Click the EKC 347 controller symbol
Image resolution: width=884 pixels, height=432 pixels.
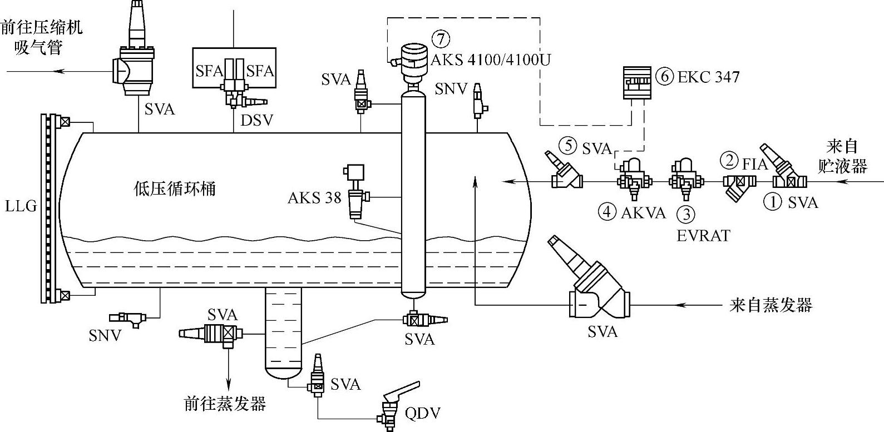coord(636,83)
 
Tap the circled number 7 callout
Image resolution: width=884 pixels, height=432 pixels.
coord(441,39)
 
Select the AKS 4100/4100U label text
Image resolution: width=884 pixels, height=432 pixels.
coord(490,59)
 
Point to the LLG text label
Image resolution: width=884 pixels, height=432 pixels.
coord(21,206)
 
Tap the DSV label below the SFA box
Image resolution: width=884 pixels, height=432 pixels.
coord(257,120)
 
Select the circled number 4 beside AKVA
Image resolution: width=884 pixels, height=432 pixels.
coord(607,212)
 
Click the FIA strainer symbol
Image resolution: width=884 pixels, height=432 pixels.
coord(739,187)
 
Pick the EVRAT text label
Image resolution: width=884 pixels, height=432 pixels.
coord(703,236)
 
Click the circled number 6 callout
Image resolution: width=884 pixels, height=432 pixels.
coord(665,77)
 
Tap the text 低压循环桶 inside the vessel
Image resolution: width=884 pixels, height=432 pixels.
coord(175,189)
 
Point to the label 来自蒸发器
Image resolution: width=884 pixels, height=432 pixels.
coord(771,305)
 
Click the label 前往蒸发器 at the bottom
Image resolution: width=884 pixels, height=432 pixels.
coord(225,403)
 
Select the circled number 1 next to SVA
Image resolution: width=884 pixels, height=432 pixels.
coord(773,202)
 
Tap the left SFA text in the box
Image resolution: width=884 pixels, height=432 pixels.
coord(209,71)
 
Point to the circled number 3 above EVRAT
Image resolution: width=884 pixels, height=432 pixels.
coord(687,214)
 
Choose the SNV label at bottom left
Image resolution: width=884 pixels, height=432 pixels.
coord(105,336)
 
